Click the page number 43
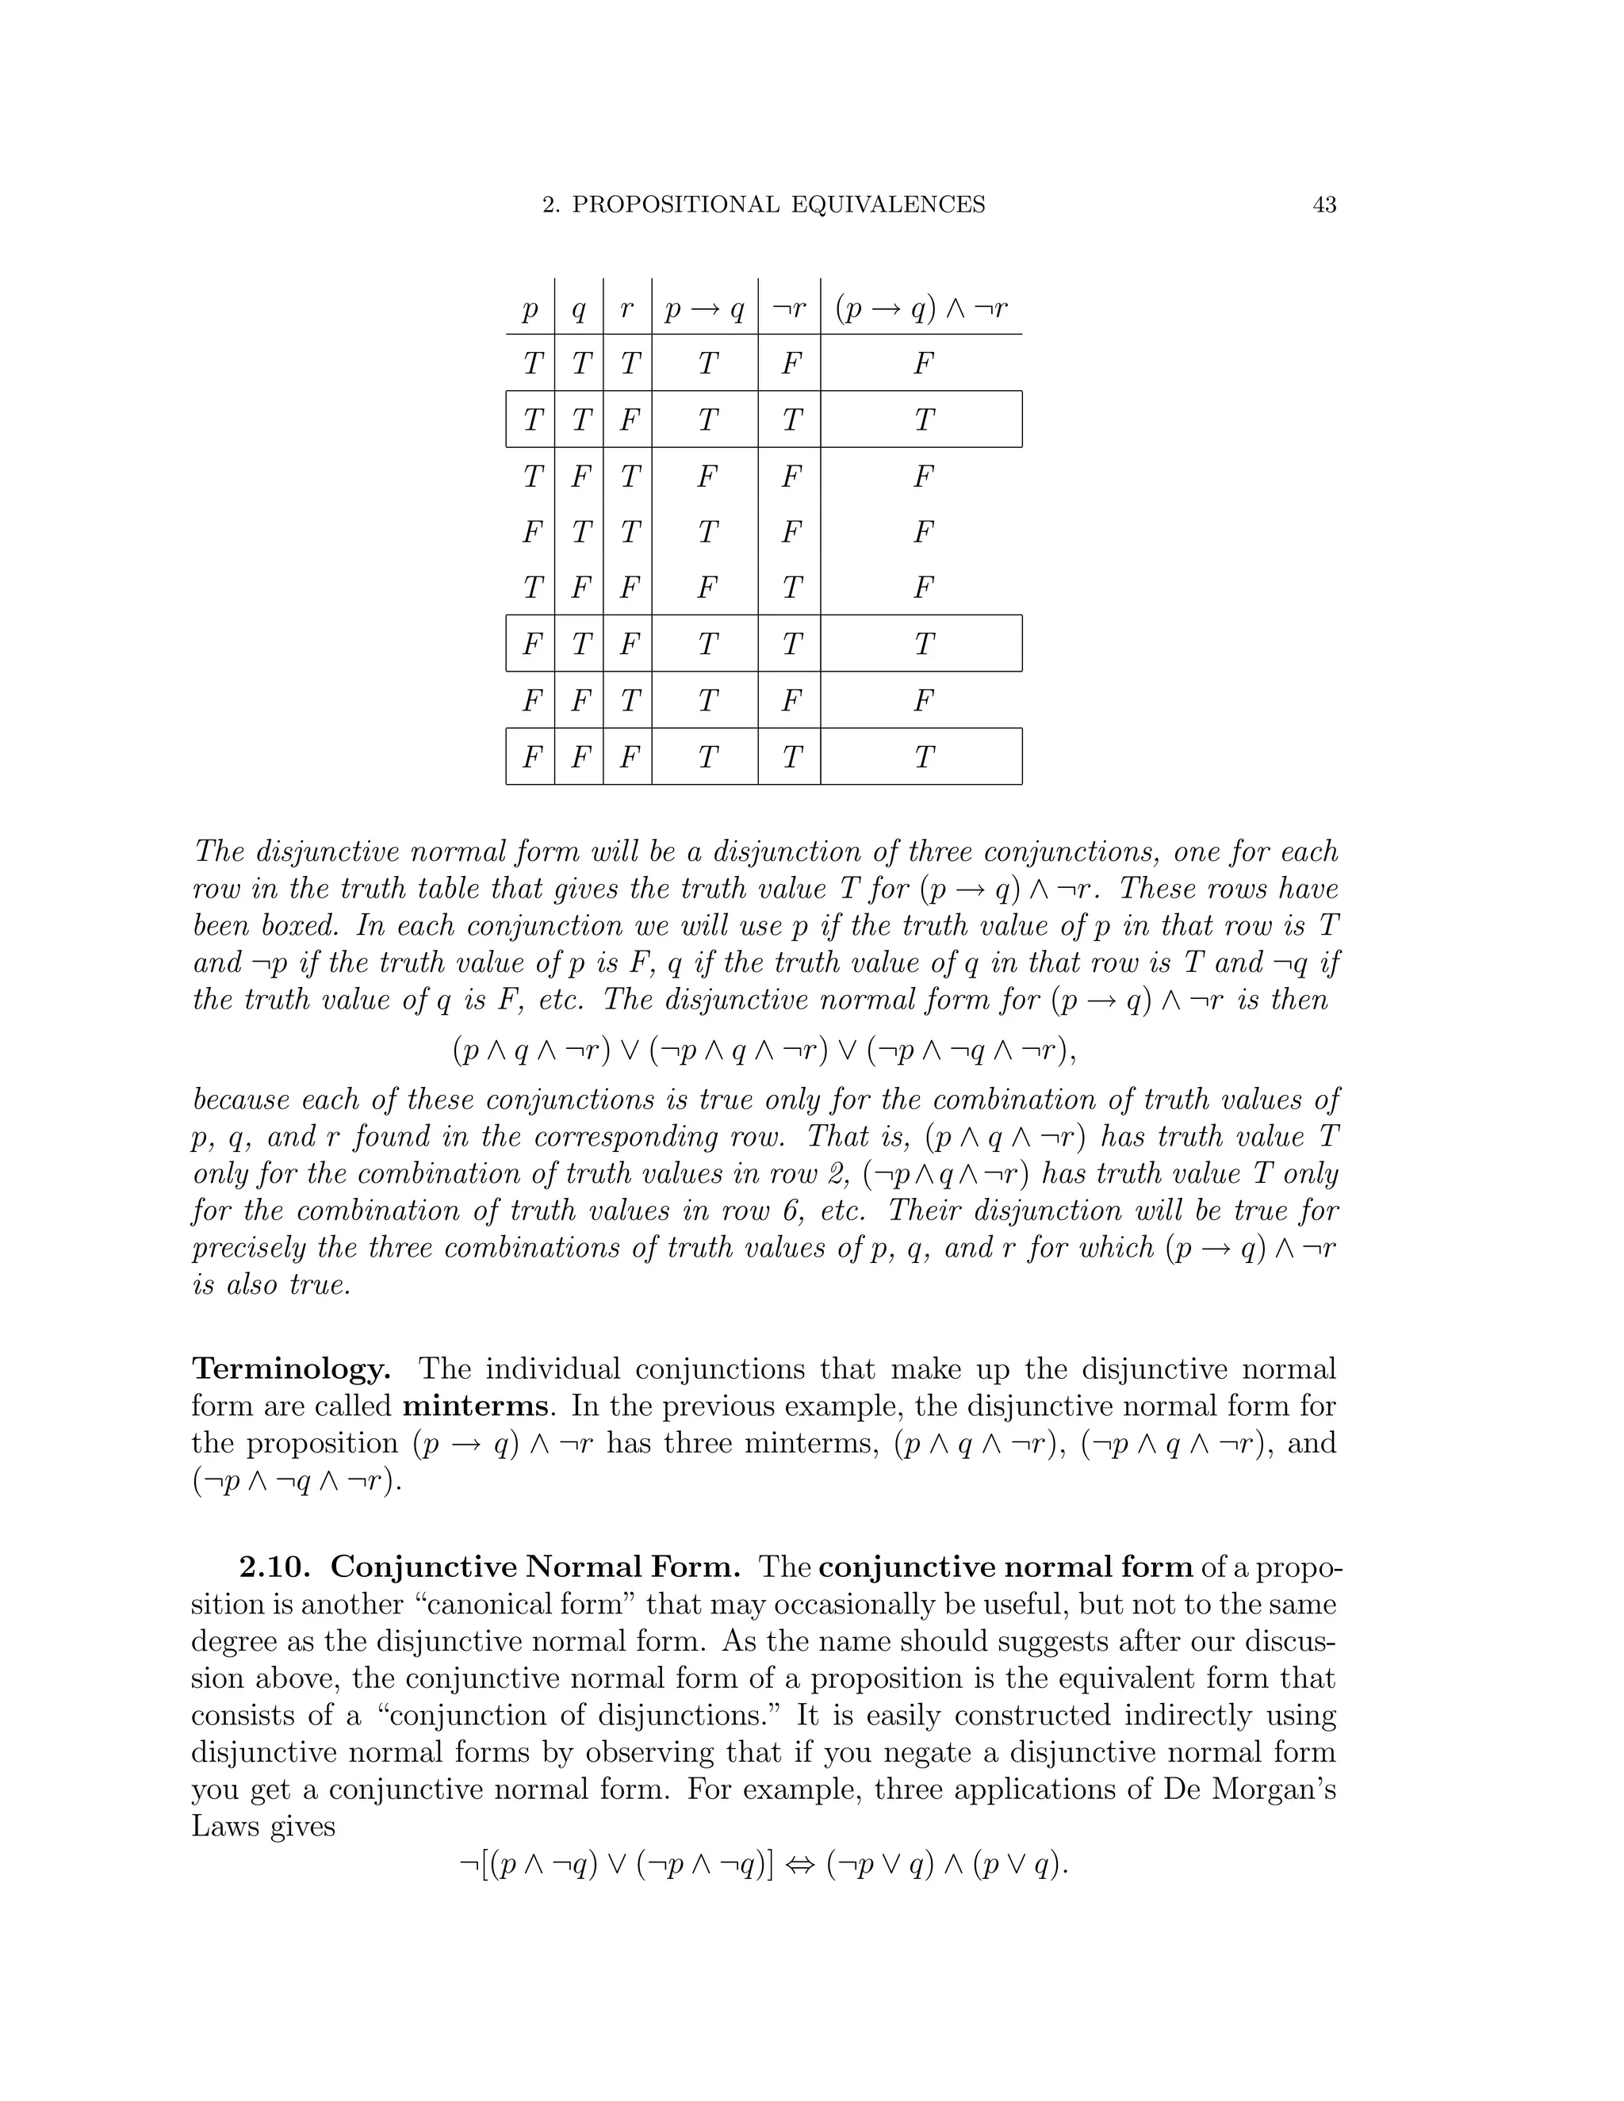pos(1323,205)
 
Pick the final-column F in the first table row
pos(923,364)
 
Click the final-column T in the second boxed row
pos(923,644)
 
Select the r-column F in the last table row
pos(628,757)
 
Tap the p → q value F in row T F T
pos(707,476)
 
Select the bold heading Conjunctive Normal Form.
pos(535,1567)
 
